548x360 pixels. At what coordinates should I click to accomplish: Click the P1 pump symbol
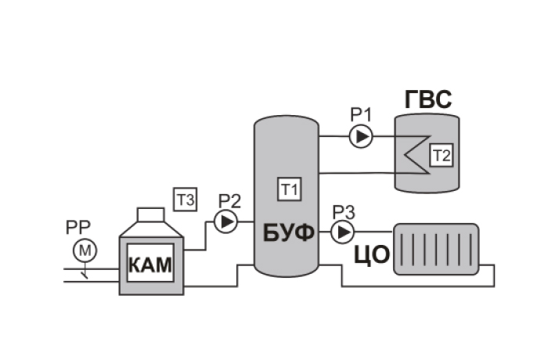click(361, 137)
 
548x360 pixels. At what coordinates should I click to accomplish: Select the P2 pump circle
click(225, 221)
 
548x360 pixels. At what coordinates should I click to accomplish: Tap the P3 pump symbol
click(343, 232)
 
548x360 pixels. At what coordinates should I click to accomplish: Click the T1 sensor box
click(290, 189)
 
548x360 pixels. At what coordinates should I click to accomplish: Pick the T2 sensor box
click(442, 155)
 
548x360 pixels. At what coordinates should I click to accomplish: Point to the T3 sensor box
click(186, 200)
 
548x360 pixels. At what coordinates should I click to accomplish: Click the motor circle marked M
click(85, 250)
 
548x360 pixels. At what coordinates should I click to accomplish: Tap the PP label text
click(78, 228)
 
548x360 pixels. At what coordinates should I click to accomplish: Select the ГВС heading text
click(428, 99)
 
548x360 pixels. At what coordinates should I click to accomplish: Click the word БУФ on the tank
click(289, 233)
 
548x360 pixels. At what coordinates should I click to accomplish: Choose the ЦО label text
click(372, 255)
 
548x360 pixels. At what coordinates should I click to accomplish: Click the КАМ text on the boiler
click(150, 265)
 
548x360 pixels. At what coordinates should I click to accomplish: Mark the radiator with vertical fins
click(437, 249)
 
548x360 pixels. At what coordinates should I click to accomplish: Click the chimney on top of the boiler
click(150, 215)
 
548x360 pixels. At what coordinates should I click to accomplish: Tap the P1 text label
click(361, 115)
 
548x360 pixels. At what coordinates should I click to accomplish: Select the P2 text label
click(229, 201)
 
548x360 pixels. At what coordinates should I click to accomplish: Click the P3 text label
click(344, 213)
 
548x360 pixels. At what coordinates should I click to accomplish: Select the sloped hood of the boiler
click(151, 229)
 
